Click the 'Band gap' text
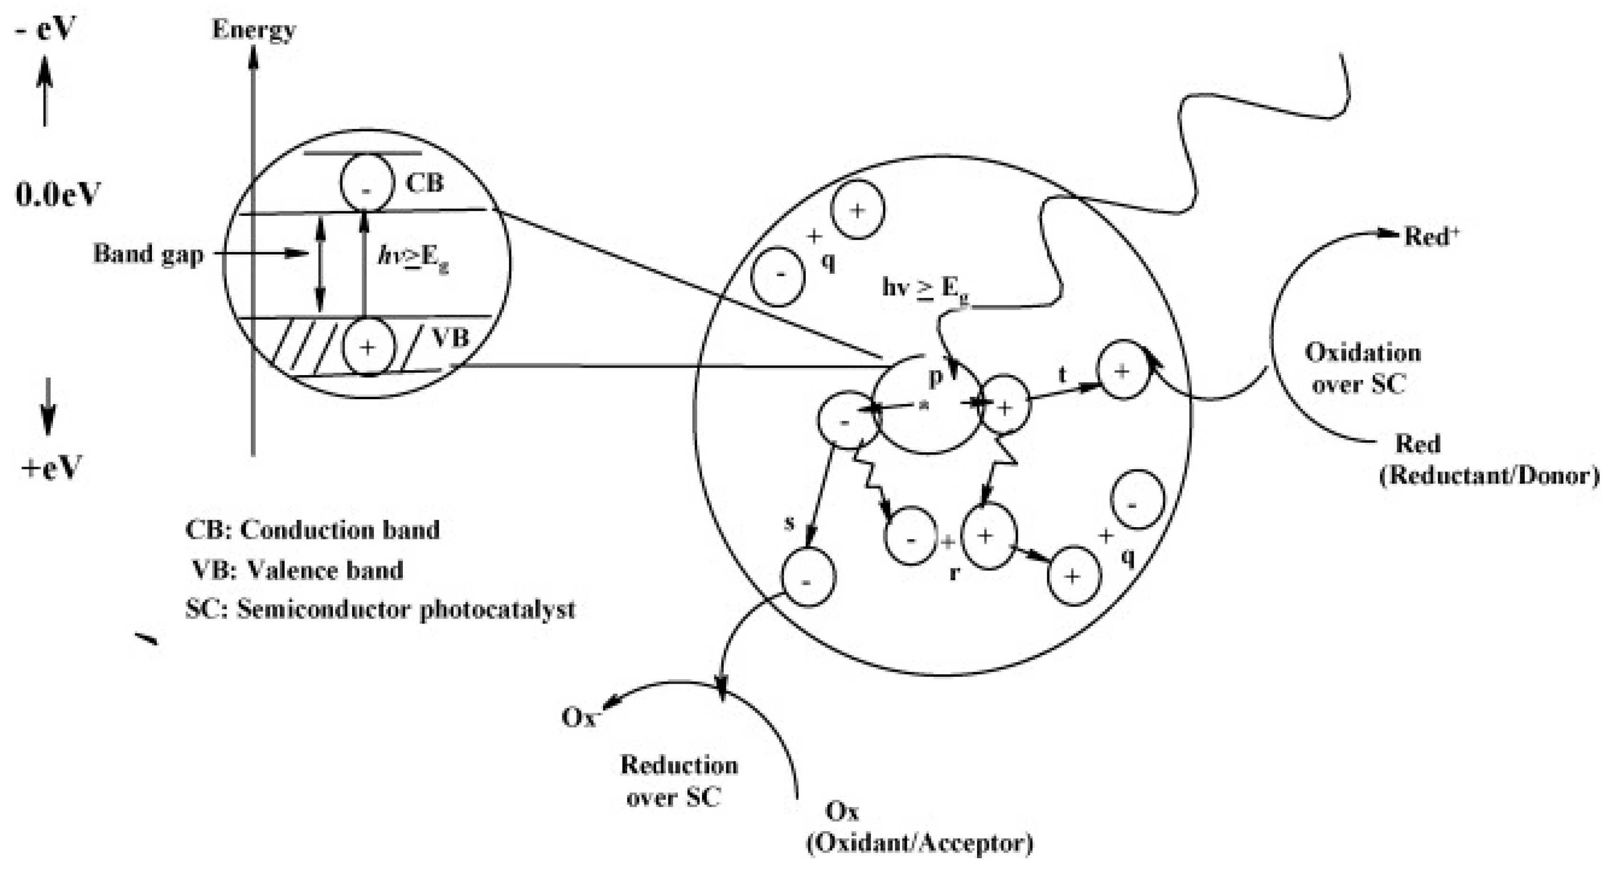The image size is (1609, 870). point(148,254)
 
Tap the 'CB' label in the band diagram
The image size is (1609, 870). point(424,183)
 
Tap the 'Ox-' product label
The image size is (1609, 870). point(581,717)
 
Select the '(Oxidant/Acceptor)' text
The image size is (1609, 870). point(919,844)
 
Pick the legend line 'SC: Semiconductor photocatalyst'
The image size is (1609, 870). point(380,610)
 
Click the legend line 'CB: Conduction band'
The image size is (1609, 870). point(312,530)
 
